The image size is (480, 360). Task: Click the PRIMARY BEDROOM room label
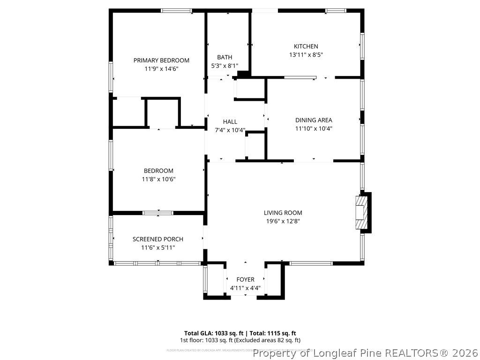click(161, 60)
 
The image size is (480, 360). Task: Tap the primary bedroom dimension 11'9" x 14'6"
click(161, 68)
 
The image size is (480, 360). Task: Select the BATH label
click(225, 58)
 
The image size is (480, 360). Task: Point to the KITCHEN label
click(306, 46)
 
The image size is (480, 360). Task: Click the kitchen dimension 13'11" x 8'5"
click(306, 54)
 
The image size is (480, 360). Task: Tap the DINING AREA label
click(314, 120)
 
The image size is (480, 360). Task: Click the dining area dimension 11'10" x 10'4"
click(314, 128)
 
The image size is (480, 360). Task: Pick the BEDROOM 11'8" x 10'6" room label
click(158, 171)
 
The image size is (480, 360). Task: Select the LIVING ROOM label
click(283, 212)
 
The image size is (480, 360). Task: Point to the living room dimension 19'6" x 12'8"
click(283, 221)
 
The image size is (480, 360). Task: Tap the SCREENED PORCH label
click(158, 239)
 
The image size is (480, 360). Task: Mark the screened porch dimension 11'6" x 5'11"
click(158, 247)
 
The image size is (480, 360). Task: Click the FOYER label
click(245, 280)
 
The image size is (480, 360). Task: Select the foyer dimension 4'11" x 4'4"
click(245, 288)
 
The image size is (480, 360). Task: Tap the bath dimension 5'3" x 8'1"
click(225, 66)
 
